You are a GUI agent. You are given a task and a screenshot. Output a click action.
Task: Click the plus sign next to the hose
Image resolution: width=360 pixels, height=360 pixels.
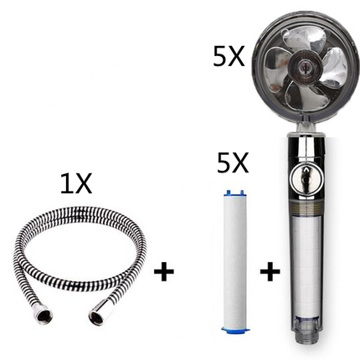point(167,271)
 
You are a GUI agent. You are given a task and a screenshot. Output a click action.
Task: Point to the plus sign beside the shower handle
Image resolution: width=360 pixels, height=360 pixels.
point(270,271)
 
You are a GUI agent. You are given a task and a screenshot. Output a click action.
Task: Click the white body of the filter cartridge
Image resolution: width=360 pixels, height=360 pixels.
point(232,260)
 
